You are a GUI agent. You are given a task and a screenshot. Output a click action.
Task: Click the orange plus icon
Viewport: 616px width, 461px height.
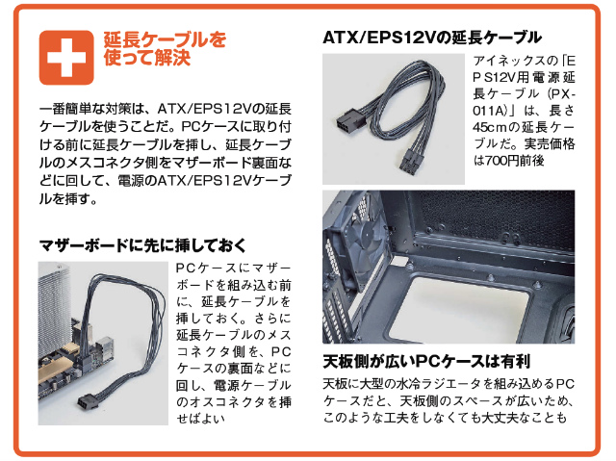point(66,58)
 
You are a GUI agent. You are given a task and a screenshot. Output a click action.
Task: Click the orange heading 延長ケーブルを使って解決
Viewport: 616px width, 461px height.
point(165,49)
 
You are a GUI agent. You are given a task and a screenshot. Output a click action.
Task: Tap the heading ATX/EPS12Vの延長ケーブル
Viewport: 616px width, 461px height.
point(432,38)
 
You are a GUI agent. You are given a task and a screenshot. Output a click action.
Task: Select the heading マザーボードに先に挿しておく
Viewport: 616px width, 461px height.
point(142,245)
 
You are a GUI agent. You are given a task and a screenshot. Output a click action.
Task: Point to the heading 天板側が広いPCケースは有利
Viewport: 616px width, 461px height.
point(426,361)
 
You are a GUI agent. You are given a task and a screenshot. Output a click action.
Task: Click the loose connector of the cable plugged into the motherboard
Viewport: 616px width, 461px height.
point(87,401)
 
